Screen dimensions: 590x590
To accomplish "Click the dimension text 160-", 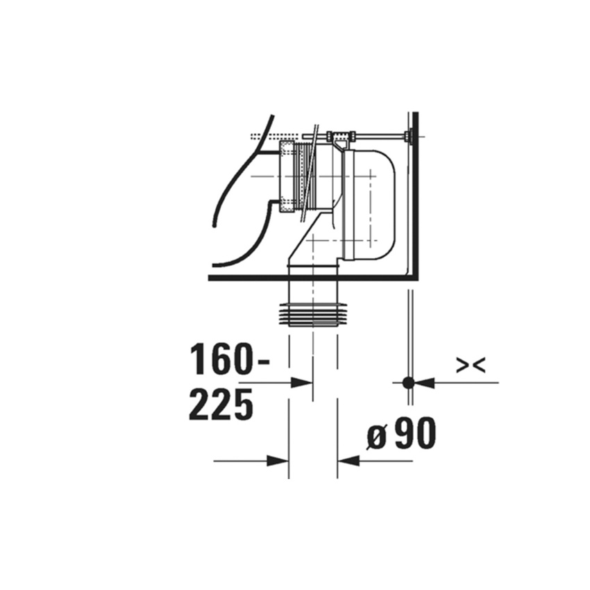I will pyautogui.click(x=230, y=360).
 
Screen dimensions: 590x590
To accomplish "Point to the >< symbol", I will pyautogui.click(x=470, y=365).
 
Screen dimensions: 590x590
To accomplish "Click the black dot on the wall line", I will pyautogui.click(x=409, y=382).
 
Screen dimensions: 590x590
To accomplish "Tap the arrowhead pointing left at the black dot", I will pyautogui.click(x=425, y=382).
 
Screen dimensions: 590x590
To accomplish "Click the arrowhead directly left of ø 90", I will pyautogui.click(x=348, y=460).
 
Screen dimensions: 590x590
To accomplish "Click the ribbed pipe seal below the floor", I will pyautogui.click(x=313, y=314).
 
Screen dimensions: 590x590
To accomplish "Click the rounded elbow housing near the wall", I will pyautogui.click(x=375, y=201).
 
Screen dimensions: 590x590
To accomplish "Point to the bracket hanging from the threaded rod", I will pyautogui.click(x=340, y=142).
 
